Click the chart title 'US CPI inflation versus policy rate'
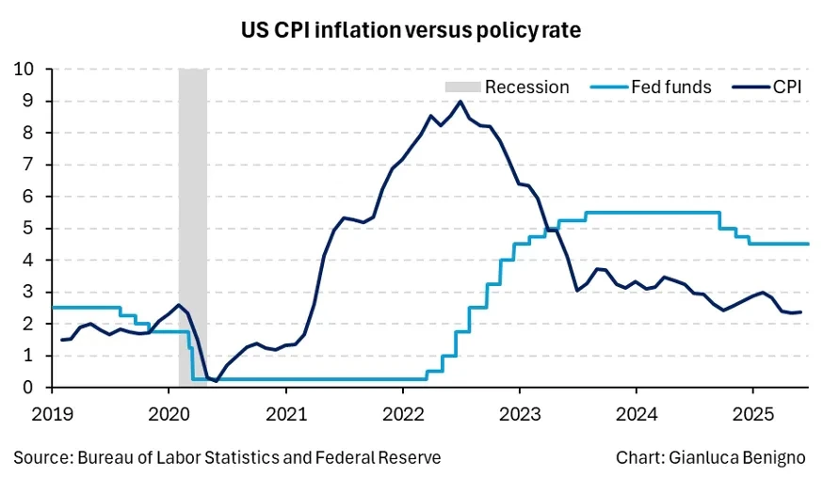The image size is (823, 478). coord(411,30)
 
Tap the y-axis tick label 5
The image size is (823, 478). coord(30,228)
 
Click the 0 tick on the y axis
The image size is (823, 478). coord(30,387)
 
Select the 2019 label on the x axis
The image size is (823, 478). coord(53,411)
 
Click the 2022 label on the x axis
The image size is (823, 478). coord(402,411)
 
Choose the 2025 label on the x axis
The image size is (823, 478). coord(751,411)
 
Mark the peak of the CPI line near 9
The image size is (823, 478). coord(460,102)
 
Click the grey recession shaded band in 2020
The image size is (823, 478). coord(193,226)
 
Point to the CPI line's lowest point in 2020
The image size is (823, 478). coord(217,381)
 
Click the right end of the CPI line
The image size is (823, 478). coord(800,312)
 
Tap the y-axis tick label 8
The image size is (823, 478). coord(30,133)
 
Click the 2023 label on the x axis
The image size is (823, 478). coord(519,411)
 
